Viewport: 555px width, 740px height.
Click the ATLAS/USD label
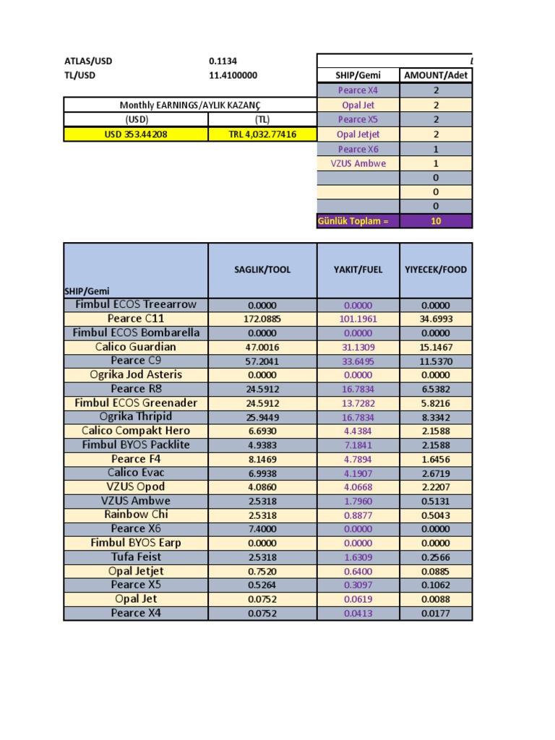coord(88,61)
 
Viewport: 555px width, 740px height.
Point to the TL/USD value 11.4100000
coord(233,75)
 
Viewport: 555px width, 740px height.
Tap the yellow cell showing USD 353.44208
coord(136,134)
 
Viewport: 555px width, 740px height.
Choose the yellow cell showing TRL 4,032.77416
coord(262,134)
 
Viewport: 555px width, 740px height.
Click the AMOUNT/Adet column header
coord(436,76)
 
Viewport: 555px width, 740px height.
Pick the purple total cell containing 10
coord(436,221)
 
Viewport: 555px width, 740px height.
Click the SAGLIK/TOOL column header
coord(262,270)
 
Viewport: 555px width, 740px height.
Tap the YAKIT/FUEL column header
coord(358,270)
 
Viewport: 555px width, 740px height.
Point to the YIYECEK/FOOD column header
coord(436,270)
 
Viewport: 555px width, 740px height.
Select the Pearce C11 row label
coord(136,319)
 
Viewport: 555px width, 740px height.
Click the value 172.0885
coord(262,319)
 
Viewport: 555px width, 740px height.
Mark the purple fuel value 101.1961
coord(358,319)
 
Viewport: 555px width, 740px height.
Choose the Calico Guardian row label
coord(136,347)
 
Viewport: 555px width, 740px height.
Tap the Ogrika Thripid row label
coord(136,417)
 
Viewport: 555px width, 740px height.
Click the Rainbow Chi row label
coord(136,515)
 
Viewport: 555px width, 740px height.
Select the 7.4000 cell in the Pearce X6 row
coord(262,529)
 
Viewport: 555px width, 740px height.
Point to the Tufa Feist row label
coord(136,557)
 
